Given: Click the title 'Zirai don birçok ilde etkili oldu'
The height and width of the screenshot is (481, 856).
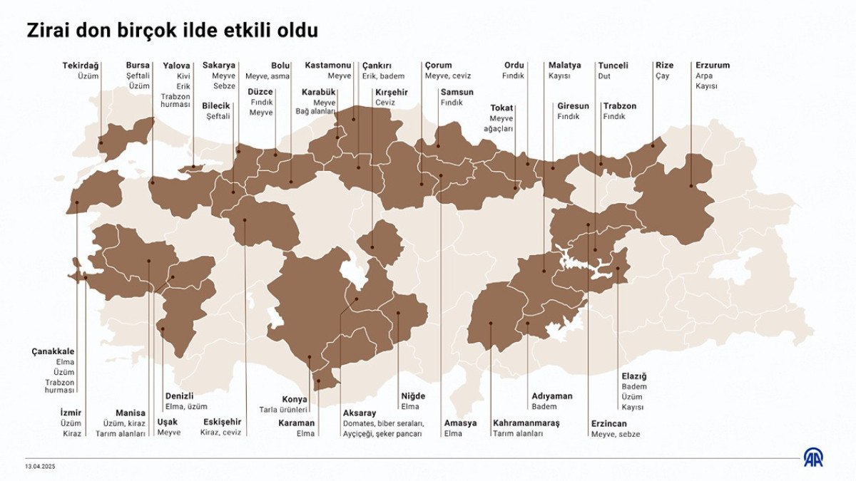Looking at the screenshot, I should coord(172,31).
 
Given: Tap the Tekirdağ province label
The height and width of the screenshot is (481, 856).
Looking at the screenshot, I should coord(80,66).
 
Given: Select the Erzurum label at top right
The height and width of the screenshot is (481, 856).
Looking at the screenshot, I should coord(712,66).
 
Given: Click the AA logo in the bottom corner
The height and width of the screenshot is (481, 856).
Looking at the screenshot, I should coord(813,457).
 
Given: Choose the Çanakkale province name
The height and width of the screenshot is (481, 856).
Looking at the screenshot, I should coord(53,351).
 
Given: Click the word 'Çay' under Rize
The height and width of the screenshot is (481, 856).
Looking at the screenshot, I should coord(662,76).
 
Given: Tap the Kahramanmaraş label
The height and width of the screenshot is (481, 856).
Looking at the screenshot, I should coord(526,423).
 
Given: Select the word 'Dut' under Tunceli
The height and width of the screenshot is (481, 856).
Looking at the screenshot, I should coord(604,76).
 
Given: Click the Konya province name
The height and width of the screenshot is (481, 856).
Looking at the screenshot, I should coord(294,399).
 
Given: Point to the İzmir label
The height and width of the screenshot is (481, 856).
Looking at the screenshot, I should coord(71,413).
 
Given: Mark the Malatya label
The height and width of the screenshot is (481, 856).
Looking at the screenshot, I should coord(564,66).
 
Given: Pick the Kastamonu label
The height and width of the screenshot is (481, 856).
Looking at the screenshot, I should coord(327,66).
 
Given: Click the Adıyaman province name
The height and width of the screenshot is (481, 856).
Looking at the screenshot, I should coord(551,396).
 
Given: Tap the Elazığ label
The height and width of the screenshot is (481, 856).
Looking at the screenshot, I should coord(633,376).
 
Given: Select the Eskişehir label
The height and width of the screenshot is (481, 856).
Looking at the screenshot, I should coord(222,422).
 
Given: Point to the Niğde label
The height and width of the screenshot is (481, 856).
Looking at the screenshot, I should coord(413,396).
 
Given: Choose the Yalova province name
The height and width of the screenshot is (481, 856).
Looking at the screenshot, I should coord(176,66).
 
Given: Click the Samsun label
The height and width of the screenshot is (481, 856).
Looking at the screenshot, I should coord(457,92).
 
